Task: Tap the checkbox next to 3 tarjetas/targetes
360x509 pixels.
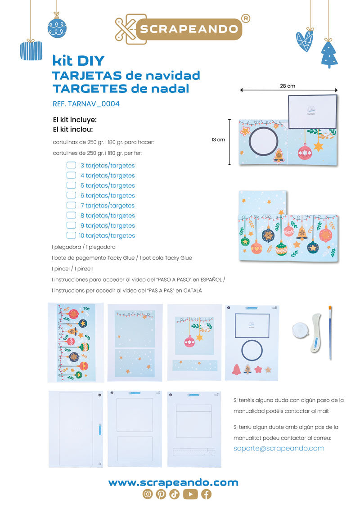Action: coord(71,165)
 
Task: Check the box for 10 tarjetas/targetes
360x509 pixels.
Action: coord(71,235)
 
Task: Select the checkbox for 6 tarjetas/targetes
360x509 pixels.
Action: coord(71,195)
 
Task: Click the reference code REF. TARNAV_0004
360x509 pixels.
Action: coord(86,104)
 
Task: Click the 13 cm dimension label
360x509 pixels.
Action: coord(218,140)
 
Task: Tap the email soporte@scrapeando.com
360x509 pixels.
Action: coord(279,448)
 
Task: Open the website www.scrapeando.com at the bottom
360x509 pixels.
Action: coord(173,482)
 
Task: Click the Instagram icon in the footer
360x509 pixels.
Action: coord(147,494)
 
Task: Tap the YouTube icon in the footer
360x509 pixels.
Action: coord(190,494)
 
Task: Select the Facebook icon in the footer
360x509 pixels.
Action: coord(206,494)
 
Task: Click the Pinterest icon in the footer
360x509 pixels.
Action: coord(161,494)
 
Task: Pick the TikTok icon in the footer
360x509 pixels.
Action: coord(175,494)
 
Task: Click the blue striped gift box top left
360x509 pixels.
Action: coord(31,51)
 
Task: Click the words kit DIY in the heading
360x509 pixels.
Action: coord(78,60)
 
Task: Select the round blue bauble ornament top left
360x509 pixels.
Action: coord(57,28)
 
